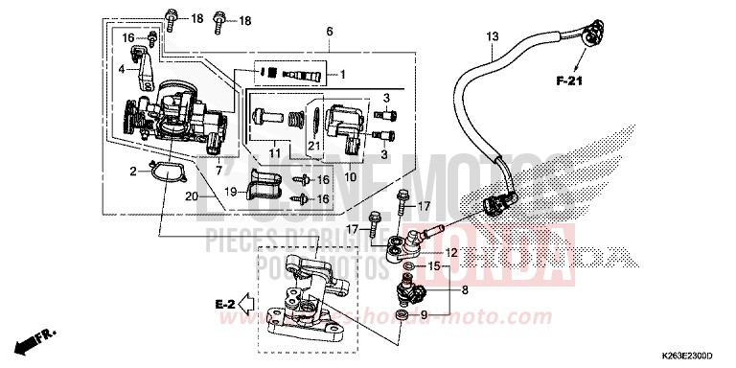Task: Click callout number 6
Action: [x=329, y=32]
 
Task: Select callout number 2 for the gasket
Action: [x=133, y=172]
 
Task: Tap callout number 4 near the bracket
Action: [x=122, y=69]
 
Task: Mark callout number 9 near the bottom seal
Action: [x=425, y=315]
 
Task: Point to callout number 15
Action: [x=433, y=266]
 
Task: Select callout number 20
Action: [x=191, y=196]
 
